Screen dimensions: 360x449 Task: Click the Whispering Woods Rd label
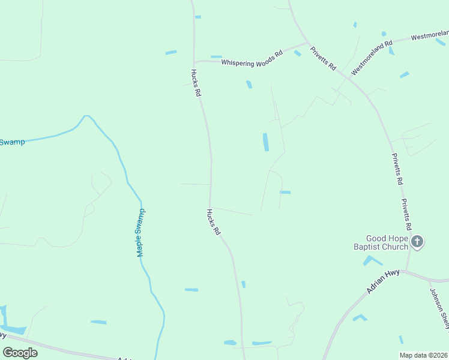252,58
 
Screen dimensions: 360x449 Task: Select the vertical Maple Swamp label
140,233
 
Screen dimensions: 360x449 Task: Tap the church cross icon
417,242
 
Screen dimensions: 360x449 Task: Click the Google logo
20,353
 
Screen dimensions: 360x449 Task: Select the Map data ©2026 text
423,355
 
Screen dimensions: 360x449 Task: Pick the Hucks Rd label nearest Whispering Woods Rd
196,83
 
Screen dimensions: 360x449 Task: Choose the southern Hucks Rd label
214,221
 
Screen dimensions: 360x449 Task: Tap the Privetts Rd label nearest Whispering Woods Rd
323,59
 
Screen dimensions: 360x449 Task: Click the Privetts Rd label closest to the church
406,215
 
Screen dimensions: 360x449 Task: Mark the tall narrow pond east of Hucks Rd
265,142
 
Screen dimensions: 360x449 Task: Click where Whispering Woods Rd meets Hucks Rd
194,61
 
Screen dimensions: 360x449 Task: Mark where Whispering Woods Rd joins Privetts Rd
307,43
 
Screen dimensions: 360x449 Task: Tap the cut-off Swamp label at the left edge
12,142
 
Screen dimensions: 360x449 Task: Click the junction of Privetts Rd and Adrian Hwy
407,271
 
